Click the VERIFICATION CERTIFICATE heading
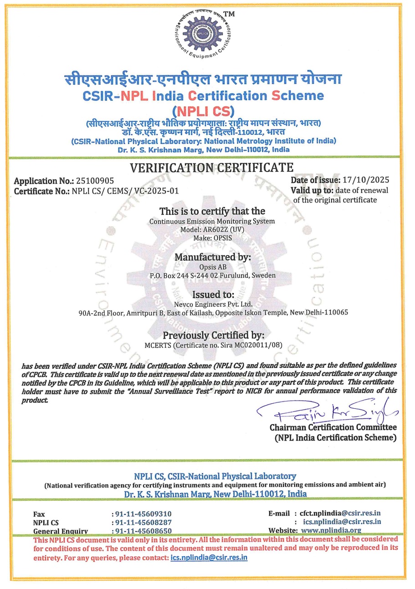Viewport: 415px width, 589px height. pyautogui.click(x=212, y=168)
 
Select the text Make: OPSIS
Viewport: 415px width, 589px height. pyautogui.click(x=213, y=238)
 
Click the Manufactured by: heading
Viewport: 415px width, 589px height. pyautogui.click(x=213, y=257)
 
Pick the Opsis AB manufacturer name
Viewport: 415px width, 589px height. pyautogui.click(x=213, y=267)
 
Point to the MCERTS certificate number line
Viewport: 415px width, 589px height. pyautogui.click(x=213, y=345)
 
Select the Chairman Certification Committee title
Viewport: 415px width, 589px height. pyautogui.click(x=333, y=427)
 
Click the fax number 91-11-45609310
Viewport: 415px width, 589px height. pyautogui.click(x=143, y=514)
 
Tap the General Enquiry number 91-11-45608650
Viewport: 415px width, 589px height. pyautogui.click(x=143, y=531)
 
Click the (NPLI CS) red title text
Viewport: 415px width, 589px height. pyautogui.click(x=203, y=111)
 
